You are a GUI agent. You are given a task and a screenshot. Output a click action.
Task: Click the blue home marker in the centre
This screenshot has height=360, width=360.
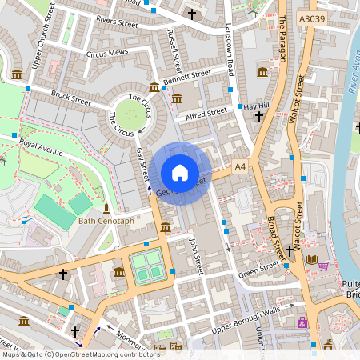180,173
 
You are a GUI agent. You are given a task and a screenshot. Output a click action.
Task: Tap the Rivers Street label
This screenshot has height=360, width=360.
118,22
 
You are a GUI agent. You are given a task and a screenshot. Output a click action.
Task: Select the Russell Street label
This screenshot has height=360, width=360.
174,50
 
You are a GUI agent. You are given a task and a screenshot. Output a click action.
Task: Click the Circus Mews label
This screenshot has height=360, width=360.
106,54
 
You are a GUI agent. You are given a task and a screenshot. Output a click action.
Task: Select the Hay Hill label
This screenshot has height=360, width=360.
257,106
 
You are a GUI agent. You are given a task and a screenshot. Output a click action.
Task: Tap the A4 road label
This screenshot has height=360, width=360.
240,166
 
